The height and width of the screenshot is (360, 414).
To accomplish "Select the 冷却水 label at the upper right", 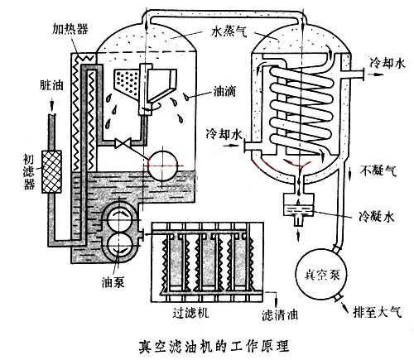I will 387,63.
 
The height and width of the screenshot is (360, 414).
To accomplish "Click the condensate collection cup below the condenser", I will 295,205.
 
